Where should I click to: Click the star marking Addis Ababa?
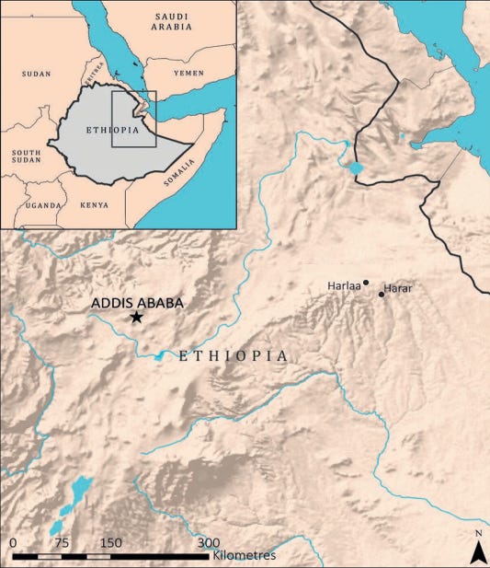point(137,317)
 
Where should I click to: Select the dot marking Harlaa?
point(366,283)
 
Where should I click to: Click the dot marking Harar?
point(382,295)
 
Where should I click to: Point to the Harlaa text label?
point(344,286)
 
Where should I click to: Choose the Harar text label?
point(398,289)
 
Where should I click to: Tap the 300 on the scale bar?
point(209,542)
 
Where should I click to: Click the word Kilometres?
point(244,556)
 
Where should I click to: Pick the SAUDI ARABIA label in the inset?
point(174,22)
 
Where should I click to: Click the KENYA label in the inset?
point(94,205)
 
